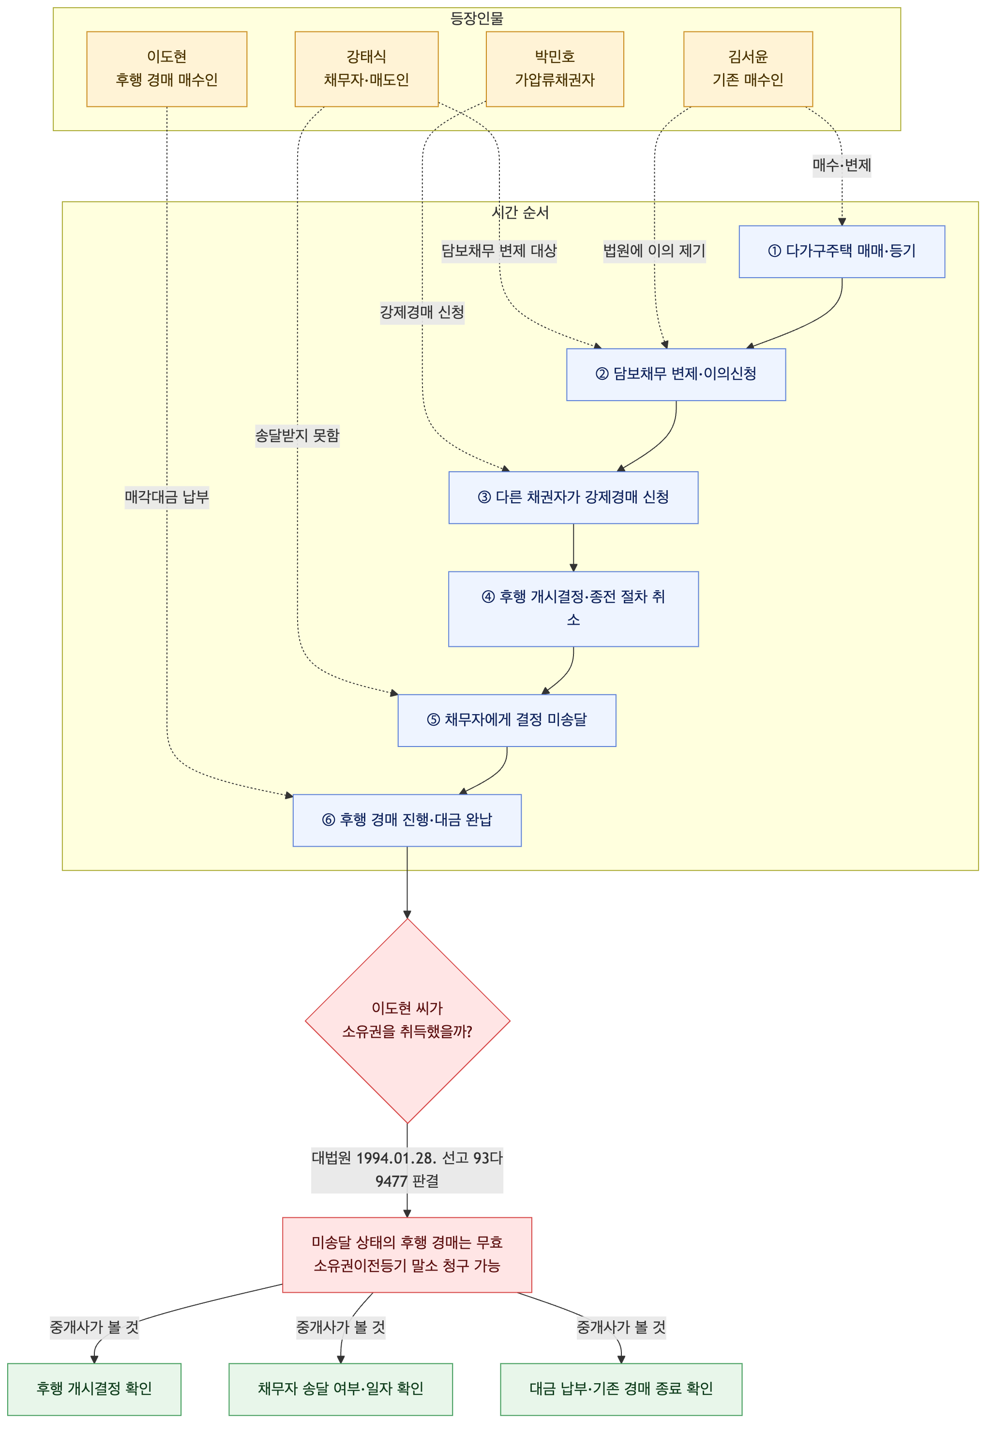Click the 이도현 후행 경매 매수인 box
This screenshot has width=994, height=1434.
pyautogui.click(x=167, y=69)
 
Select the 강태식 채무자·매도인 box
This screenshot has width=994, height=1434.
pyautogui.click(x=366, y=69)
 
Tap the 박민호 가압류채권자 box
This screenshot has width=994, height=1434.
pyautogui.click(x=555, y=69)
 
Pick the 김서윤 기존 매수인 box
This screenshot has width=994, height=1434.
pyautogui.click(x=748, y=69)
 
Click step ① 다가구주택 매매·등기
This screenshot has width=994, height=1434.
pyautogui.click(x=842, y=252)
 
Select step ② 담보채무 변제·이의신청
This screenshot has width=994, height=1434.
pyautogui.click(x=677, y=374)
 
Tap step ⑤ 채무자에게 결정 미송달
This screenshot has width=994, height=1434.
pyautogui.click(x=507, y=720)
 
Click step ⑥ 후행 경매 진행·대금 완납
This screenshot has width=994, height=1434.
pyautogui.click(x=407, y=820)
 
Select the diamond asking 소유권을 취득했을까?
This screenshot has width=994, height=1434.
pyautogui.click(x=407, y=1021)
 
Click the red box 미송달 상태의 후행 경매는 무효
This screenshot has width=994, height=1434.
pyautogui.click(x=407, y=1255)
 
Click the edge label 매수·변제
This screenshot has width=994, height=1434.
pyautogui.click(x=842, y=165)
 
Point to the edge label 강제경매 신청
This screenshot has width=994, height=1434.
pyautogui.click(x=422, y=313)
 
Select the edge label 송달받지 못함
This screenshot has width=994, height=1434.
pyautogui.click(x=298, y=436)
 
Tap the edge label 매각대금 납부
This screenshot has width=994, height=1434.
pyautogui.click(x=167, y=497)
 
